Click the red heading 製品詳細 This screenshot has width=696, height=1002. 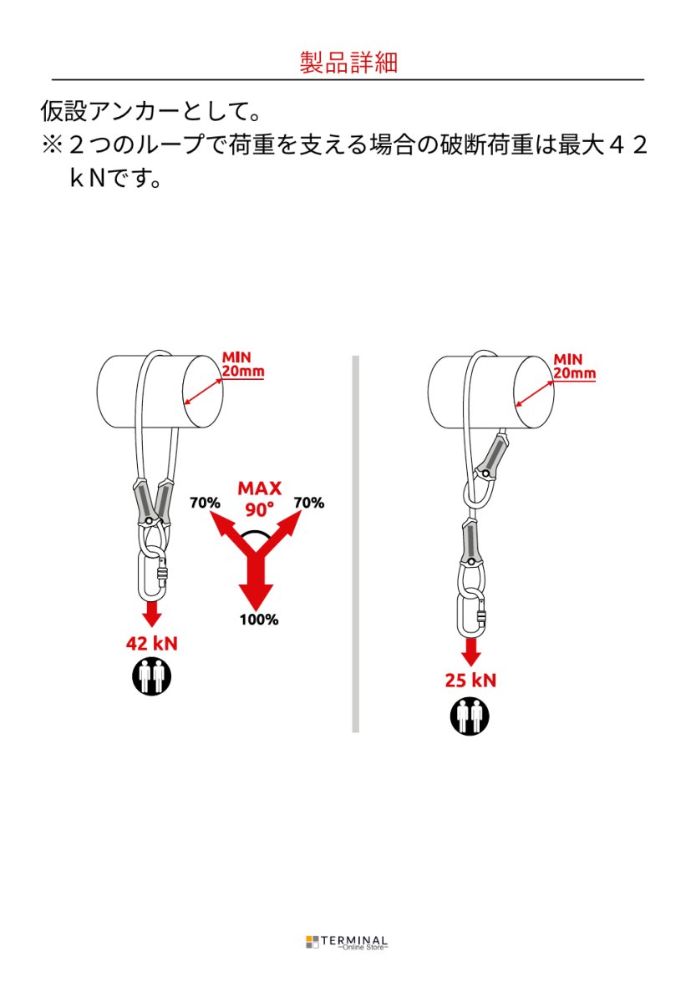pos(348,62)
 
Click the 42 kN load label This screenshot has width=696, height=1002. pos(152,644)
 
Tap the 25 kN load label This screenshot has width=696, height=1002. pos(470,681)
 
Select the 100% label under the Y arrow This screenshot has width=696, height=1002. pos(259,620)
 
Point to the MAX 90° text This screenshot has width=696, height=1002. pos(260,498)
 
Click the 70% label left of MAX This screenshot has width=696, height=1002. pos(205,503)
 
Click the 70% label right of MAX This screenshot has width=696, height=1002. pos(309,503)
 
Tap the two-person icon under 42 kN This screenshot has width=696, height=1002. pos(152,676)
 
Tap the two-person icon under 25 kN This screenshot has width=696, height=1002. pos(470,716)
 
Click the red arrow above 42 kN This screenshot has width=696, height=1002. pos(153,614)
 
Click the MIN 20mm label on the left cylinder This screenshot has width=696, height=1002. pos(242,364)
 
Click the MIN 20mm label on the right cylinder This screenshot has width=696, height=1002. pos(574,367)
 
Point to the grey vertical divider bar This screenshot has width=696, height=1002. pos(355,544)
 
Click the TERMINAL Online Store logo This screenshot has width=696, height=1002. pos(347,943)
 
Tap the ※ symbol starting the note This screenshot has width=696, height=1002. pos(52,145)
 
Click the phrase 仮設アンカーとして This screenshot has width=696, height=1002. pos(144,110)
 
